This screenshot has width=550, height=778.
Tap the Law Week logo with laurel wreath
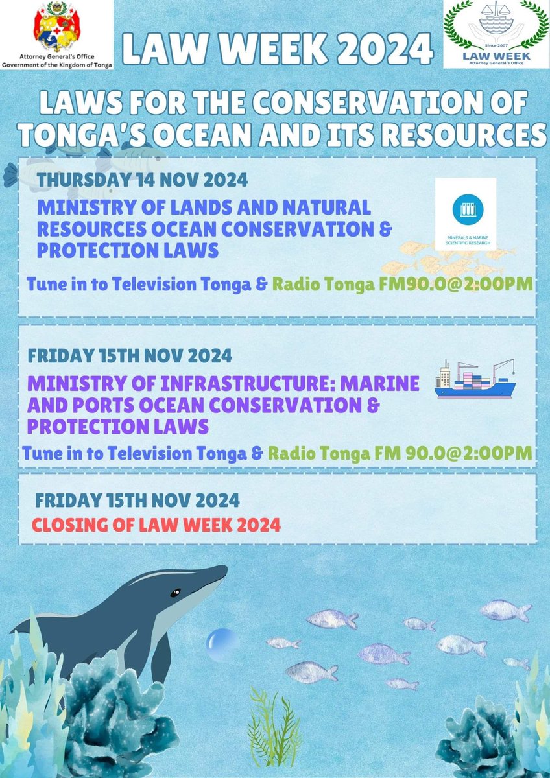[496, 34]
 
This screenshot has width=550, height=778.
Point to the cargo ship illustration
[475, 379]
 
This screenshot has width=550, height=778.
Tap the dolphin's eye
[175, 593]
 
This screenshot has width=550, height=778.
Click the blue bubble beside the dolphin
[220, 642]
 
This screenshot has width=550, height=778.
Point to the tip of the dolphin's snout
[226, 569]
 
